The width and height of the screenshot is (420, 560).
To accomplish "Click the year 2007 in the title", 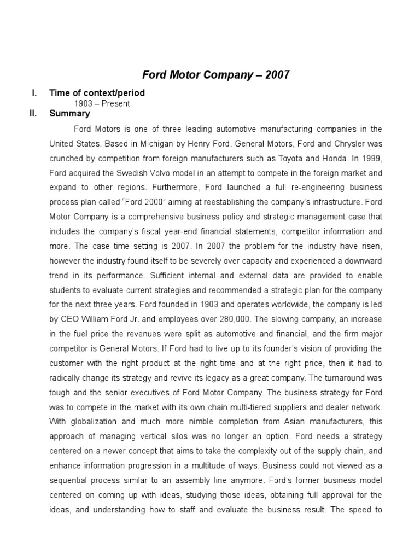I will (x=276, y=75).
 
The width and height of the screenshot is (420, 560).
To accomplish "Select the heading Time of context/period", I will (x=97, y=93).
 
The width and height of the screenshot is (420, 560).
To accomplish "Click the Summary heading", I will (x=69, y=114).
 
